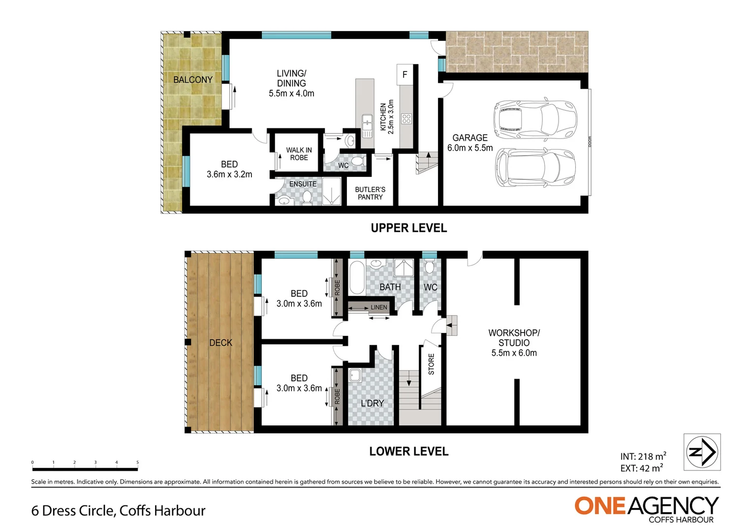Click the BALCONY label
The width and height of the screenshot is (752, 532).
193,80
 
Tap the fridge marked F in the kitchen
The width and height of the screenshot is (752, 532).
405,74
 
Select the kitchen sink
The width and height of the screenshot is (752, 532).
367,123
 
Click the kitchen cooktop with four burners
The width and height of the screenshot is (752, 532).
406,119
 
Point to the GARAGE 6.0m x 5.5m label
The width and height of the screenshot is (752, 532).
470,143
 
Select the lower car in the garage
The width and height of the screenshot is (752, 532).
535,167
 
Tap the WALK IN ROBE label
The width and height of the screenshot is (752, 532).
299,154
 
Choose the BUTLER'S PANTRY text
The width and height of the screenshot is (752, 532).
370,193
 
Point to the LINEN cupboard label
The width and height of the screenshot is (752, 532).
378,307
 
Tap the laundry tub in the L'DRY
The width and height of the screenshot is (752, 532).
355,376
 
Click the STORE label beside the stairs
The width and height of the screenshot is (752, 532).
431,364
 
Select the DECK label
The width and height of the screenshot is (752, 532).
220,343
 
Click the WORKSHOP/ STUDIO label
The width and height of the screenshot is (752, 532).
514,343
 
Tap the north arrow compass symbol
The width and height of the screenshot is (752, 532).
702,452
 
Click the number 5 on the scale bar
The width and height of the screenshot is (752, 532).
137,463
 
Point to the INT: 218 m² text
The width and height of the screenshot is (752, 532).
643,457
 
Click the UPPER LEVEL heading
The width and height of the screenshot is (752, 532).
408,228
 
